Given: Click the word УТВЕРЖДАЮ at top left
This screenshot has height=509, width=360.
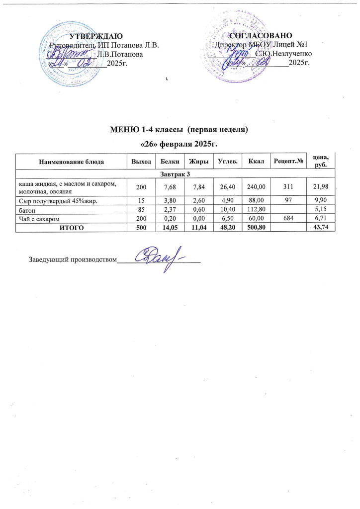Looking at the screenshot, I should click(x=95, y=36).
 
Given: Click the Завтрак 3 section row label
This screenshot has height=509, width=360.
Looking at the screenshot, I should click(x=176, y=172).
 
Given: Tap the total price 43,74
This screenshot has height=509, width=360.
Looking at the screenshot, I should click(x=324, y=228).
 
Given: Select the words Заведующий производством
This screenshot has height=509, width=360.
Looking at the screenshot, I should click(x=71, y=259).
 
